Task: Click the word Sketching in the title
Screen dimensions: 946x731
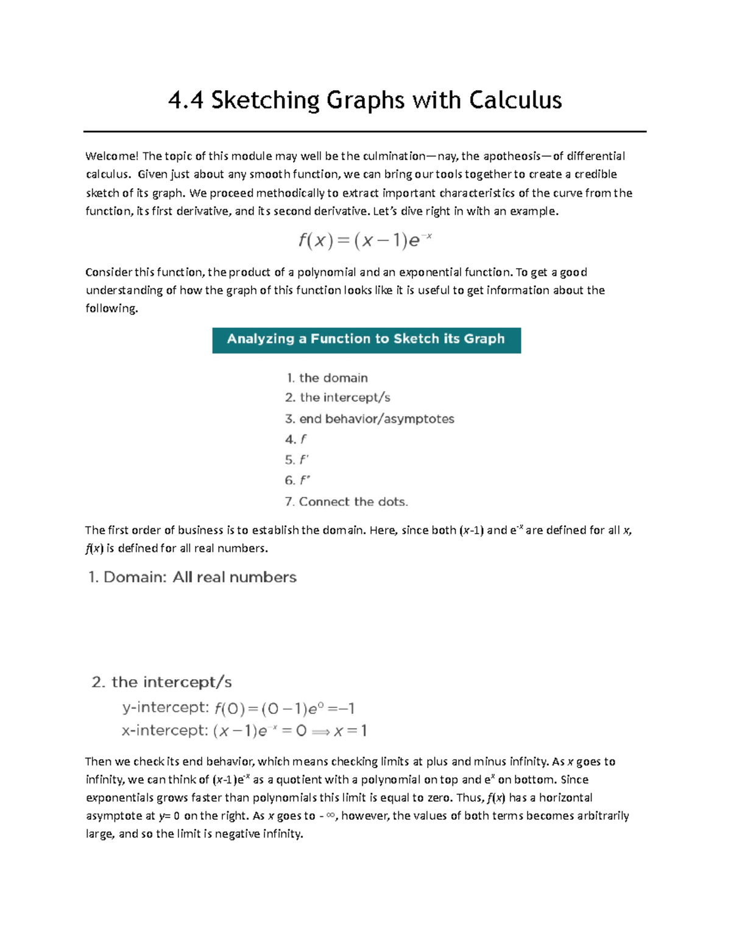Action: pos(265,101)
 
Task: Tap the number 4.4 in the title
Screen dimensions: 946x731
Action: pos(185,101)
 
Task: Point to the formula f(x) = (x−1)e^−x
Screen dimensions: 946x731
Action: pos(365,241)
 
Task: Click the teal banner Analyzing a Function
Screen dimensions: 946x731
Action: pos(366,339)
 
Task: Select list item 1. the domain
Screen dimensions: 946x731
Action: pos(327,378)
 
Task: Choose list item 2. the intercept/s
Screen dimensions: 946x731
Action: pos(337,398)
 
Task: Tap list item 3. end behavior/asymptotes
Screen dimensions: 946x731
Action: pos(369,419)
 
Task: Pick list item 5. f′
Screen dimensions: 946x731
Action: pos(297,460)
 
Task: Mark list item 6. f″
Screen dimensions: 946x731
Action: pos(297,481)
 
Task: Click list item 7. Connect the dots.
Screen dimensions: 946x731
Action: pos(346,502)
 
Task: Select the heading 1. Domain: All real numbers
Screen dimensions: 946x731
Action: pos(192,577)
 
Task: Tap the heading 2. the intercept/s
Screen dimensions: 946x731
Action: pos(161,682)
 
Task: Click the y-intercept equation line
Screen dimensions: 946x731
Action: pos(238,708)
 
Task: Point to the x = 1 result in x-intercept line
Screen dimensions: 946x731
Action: pos(350,730)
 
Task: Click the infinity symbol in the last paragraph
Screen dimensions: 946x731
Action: pos(331,816)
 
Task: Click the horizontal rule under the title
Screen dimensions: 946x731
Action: pos(365,131)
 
